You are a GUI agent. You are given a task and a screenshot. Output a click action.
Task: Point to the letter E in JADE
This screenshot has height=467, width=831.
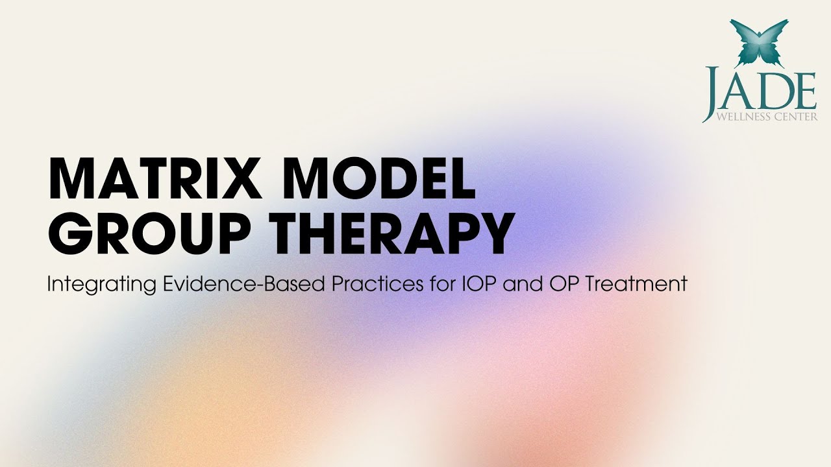805,91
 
